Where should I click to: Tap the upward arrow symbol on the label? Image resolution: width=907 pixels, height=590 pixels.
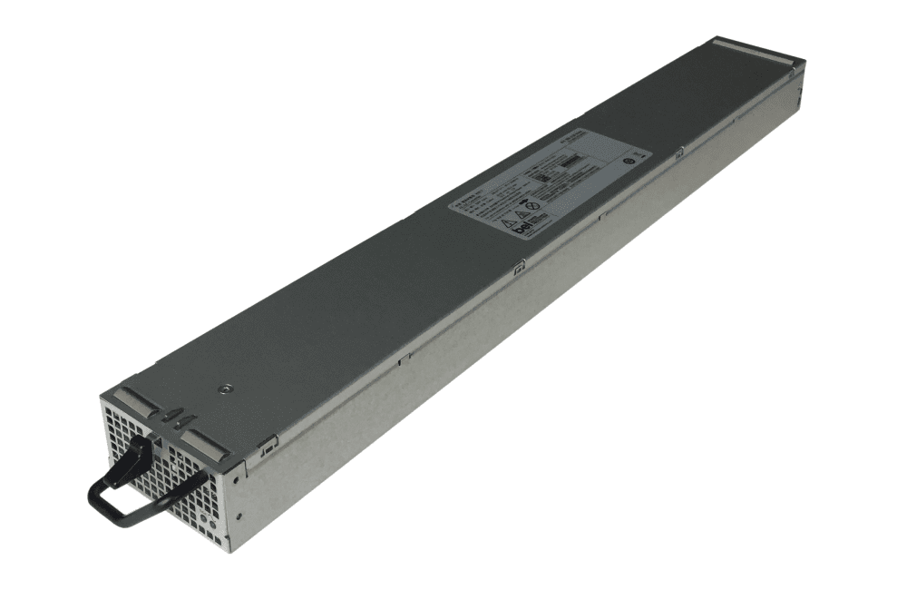(524, 202)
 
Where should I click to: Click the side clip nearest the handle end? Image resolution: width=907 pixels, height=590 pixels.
(267, 444)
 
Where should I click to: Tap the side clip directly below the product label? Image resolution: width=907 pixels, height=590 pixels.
(519, 267)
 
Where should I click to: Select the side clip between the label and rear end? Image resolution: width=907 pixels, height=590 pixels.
(678, 155)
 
